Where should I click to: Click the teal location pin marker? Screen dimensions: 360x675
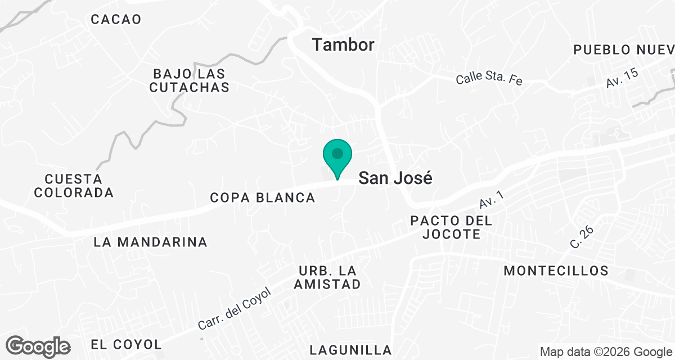(x=337, y=156)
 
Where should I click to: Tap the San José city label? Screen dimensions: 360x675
(x=396, y=178)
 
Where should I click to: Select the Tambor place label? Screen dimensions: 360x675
(x=343, y=44)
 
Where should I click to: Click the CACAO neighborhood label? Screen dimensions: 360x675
(x=116, y=19)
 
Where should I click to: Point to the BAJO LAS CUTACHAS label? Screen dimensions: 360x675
(x=189, y=80)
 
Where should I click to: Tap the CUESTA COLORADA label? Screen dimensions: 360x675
(x=74, y=186)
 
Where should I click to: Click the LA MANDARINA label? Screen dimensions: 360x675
(x=151, y=242)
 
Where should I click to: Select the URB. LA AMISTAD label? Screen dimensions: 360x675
(x=327, y=277)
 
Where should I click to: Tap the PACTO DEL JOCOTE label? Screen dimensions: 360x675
(x=452, y=227)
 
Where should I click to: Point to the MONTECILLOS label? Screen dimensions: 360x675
(x=556, y=271)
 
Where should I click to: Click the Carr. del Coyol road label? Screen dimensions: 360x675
(x=235, y=309)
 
